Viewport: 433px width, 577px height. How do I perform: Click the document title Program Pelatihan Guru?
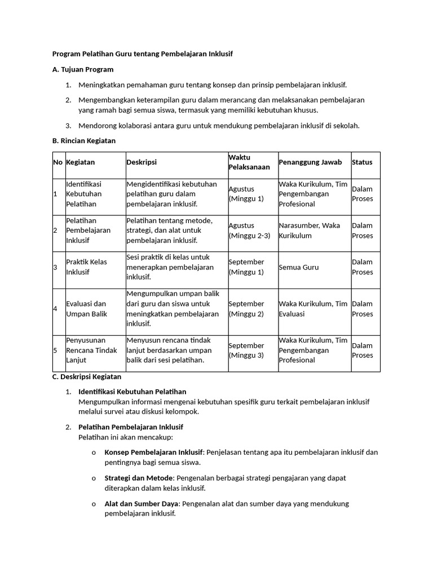pos(142,54)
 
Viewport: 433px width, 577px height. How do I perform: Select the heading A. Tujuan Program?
pos(83,69)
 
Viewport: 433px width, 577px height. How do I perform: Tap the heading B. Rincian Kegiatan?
pos(84,141)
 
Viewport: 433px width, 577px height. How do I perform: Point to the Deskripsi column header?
pos(142,162)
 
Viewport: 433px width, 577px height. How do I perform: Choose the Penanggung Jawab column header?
pos(310,162)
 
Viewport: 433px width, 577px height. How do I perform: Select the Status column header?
pos(362,162)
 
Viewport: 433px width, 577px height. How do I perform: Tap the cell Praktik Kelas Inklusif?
pos(86,267)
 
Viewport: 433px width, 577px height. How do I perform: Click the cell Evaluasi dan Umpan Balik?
pos(86,309)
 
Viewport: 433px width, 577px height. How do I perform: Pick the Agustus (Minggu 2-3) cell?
pos(249,230)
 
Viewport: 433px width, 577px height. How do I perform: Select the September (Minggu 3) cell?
pos(246,350)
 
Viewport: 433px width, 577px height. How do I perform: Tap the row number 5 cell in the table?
pos(55,350)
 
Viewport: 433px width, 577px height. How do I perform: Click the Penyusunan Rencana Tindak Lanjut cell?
pos(91,350)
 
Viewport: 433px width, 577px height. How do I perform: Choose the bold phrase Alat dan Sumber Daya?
pos(142,504)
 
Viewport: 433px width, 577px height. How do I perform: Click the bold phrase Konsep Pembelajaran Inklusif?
pos(153,452)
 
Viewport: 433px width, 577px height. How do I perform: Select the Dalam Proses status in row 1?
pos(363,194)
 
